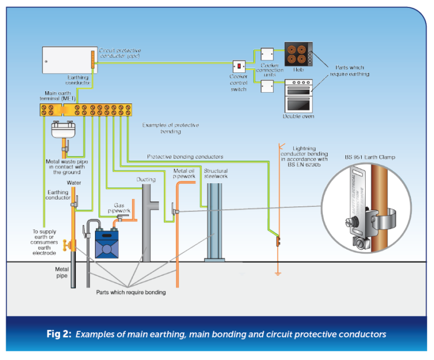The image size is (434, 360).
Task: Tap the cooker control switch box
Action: pos(240,67)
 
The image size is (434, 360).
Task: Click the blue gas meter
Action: pos(106,242)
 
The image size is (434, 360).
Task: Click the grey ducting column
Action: pos(146,223)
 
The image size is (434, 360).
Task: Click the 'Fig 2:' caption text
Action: pos(58,334)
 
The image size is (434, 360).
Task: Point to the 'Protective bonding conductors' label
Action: pos(185,157)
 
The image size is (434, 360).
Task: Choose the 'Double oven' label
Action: pos(298,116)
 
